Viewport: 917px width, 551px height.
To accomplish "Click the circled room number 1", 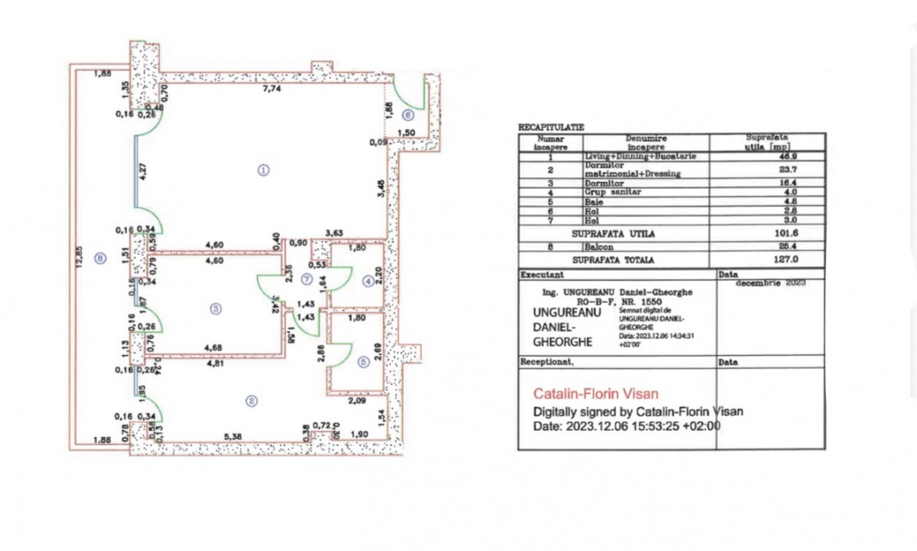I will (263, 170).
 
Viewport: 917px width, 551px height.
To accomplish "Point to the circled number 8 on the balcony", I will (100, 258).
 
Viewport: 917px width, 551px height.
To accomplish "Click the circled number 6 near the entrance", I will (407, 115).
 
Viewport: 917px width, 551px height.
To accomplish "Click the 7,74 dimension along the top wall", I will (272, 89).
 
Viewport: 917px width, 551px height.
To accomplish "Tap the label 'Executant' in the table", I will (542, 273).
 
